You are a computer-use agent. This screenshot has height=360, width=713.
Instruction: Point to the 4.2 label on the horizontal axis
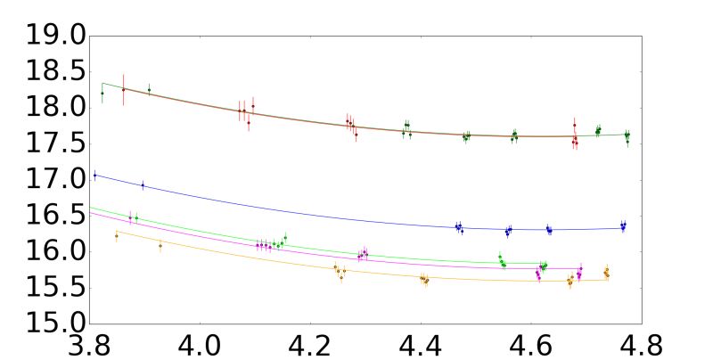tap(311, 343)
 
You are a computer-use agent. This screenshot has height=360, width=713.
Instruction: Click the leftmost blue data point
tap(94, 176)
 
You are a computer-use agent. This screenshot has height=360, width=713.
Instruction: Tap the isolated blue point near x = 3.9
tap(143, 185)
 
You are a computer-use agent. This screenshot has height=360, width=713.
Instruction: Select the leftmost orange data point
tap(116, 236)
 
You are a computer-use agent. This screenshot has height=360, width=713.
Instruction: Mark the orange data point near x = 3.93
tap(160, 246)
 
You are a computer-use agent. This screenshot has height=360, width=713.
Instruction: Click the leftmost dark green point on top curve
tap(102, 93)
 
